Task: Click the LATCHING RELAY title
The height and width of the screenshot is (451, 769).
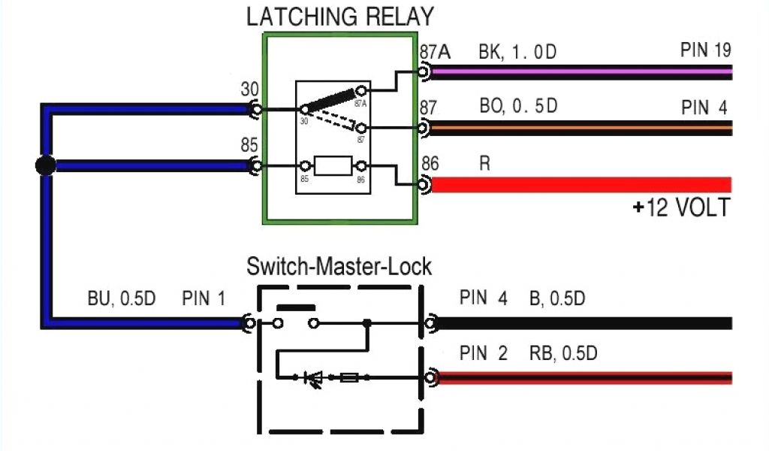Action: (340, 17)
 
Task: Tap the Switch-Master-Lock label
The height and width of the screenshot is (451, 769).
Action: (339, 267)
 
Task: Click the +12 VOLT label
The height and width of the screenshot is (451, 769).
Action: (680, 208)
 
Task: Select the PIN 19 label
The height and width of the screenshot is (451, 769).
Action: (705, 50)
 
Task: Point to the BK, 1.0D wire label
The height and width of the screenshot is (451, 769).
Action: (517, 53)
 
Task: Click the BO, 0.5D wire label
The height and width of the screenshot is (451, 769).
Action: (518, 106)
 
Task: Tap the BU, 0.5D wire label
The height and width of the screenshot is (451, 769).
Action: (121, 299)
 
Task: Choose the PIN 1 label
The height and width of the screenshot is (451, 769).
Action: (204, 299)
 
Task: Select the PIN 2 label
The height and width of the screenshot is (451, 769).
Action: (484, 353)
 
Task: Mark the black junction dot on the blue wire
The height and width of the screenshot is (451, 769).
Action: (46, 165)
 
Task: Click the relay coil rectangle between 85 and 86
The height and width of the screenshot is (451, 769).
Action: (333, 165)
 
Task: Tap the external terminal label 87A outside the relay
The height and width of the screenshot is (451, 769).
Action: (435, 53)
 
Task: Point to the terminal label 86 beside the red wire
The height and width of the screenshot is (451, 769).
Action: (430, 163)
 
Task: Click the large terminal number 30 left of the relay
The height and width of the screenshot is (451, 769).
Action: (249, 89)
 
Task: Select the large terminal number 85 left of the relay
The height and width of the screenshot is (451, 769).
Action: (249, 145)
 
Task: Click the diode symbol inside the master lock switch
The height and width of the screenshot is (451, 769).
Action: (312, 378)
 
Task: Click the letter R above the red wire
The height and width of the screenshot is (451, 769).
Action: (485, 163)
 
